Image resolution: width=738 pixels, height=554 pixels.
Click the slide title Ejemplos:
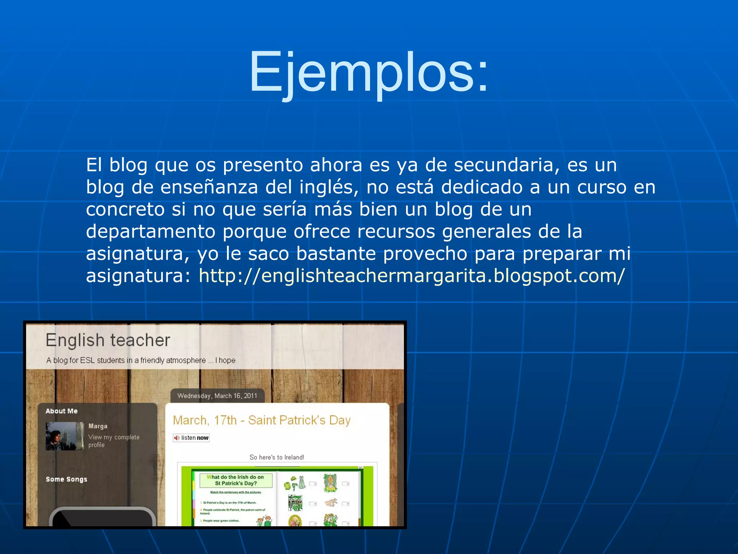click(368, 72)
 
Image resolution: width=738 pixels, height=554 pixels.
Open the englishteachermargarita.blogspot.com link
click(412, 276)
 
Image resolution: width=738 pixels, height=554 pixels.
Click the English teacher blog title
click(108, 340)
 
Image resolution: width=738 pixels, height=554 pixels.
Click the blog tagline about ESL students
click(141, 360)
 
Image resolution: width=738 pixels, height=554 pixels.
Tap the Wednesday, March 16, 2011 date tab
click(217, 396)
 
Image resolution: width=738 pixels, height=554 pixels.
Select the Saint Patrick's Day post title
click(262, 420)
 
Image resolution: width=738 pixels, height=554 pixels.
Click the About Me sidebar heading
click(61, 411)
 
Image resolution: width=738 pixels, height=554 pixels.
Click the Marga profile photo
click(65, 436)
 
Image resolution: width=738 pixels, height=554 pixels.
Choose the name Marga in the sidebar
click(98, 426)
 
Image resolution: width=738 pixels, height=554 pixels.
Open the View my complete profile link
click(114, 441)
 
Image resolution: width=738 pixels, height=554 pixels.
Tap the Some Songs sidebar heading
click(66, 479)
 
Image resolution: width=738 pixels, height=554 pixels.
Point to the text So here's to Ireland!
click(276, 457)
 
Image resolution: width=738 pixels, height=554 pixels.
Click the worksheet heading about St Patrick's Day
click(236, 480)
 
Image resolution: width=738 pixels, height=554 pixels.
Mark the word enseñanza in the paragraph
click(209, 188)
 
